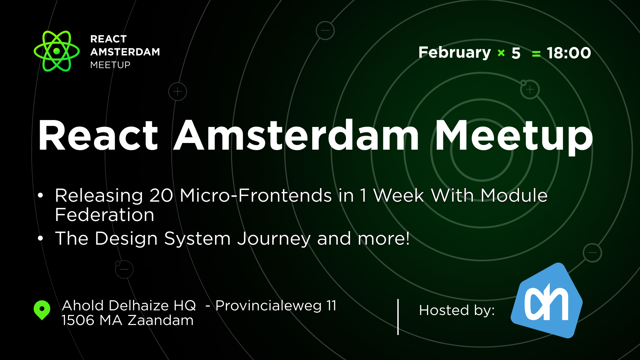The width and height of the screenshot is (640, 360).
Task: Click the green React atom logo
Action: click(x=57, y=51)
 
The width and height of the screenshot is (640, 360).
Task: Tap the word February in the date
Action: click(x=454, y=53)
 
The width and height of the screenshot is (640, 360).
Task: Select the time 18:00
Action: click(x=569, y=53)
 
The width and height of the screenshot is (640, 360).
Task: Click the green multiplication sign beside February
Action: click(x=501, y=53)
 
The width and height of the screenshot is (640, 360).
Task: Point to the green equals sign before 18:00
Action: click(x=536, y=54)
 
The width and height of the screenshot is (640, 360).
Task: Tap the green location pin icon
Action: click(x=42, y=310)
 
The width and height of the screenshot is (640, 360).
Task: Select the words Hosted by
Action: click(x=457, y=310)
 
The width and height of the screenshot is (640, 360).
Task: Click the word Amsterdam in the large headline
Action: click(x=296, y=136)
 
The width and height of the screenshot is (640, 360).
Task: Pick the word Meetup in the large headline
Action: click(x=513, y=136)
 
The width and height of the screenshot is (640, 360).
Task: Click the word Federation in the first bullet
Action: click(x=105, y=215)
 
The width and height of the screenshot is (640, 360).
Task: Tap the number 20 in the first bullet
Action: click(x=161, y=195)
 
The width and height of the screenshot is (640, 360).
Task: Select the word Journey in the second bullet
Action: click(x=274, y=239)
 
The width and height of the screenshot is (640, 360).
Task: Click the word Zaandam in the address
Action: click(x=161, y=320)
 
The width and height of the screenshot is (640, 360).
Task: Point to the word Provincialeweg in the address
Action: click(x=269, y=306)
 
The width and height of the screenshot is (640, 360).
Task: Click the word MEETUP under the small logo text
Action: click(x=110, y=65)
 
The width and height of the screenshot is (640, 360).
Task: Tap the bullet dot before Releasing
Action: click(x=41, y=196)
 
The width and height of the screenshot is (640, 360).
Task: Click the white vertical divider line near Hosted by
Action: click(x=398, y=317)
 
